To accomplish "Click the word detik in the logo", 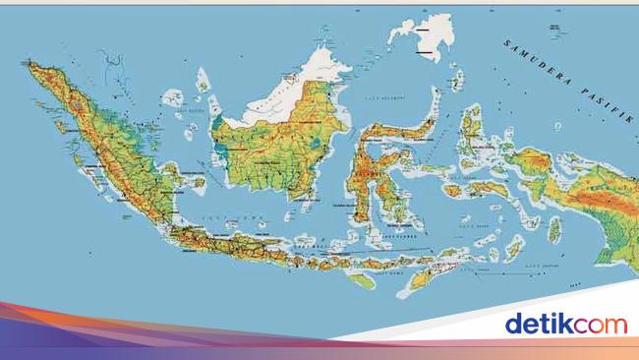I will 536,323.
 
